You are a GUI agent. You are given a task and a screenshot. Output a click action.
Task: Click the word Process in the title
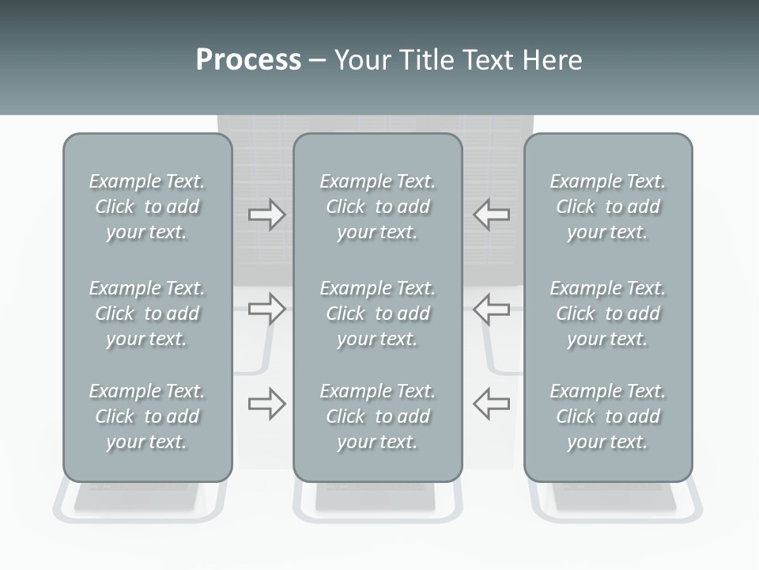(248, 60)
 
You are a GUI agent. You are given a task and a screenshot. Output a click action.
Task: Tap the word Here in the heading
(553, 60)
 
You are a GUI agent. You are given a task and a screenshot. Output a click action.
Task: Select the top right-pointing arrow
(266, 215)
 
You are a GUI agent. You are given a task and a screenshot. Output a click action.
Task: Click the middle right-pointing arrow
(266, 308)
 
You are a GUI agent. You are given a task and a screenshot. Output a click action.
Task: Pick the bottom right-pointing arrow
(266, 404)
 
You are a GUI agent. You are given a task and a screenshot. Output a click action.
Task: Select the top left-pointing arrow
(492, 215)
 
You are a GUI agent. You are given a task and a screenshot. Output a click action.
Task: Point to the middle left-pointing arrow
(492, 308)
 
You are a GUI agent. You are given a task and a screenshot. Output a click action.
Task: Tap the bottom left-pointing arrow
(492, 404)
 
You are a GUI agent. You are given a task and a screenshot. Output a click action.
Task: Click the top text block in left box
(147, 207)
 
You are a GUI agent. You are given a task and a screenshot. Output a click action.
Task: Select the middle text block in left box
(147, 313)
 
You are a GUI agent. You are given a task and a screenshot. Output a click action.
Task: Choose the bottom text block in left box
(147, 416)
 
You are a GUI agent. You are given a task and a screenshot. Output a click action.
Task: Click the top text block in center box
(378, 207)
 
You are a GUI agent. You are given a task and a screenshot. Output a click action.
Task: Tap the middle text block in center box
(378, 313)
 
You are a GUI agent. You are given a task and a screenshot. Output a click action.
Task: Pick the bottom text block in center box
(378, 416)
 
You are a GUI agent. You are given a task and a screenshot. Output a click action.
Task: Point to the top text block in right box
(608, 207)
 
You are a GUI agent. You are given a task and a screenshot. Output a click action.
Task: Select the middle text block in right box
(608, 313)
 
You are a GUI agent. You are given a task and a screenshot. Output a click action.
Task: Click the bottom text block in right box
(608, 416)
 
